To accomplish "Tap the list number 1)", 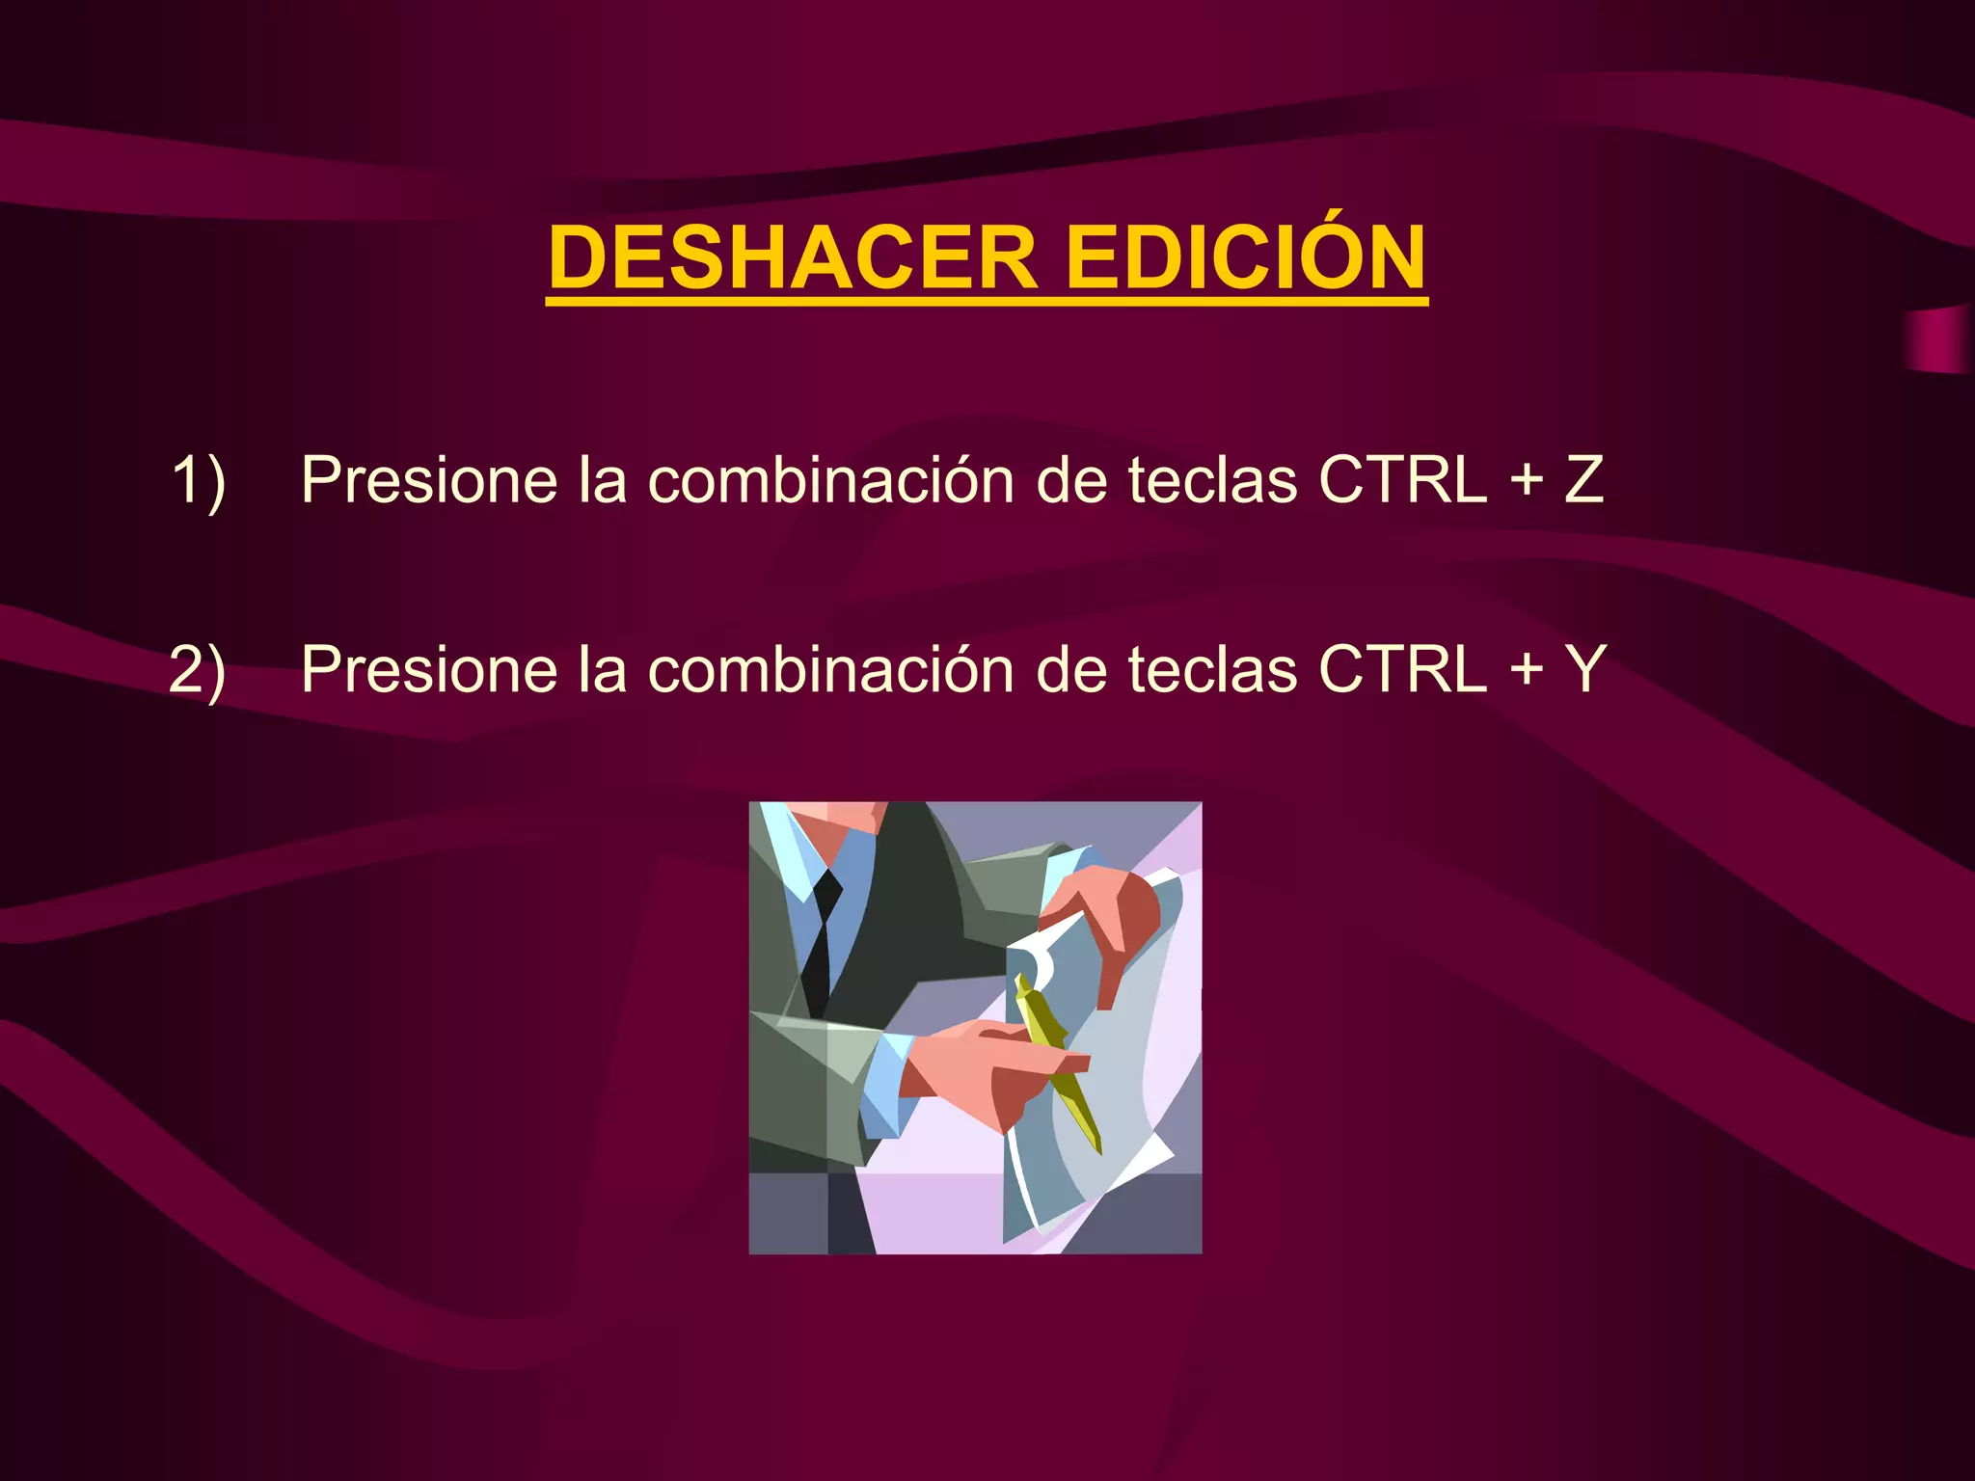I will (199, 479).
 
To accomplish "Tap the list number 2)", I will (198, 669).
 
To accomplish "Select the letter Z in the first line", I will (1583, 479).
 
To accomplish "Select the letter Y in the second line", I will (1584, 669).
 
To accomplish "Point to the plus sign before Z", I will (1527, 481).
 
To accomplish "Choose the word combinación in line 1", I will (830, 479).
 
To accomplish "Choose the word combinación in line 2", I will (830, 669).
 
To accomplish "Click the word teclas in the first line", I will (1212, 479).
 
